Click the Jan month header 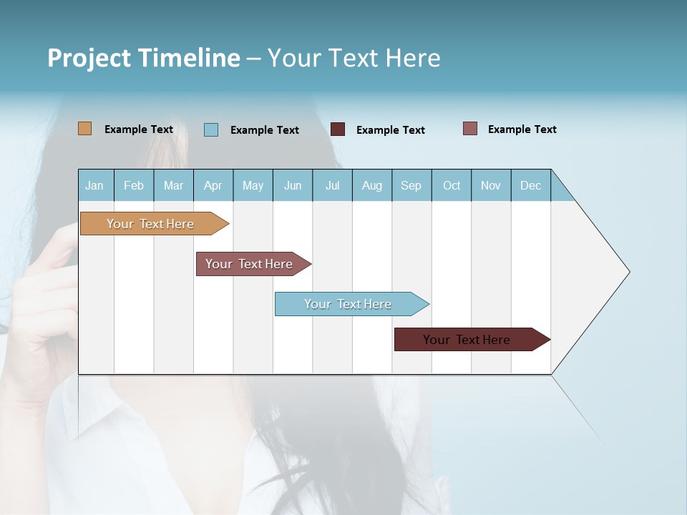click(x=94, y=185)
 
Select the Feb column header click(x=134, y=185)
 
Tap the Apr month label click(x=213, y=185)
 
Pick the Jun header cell click(x=293, y=185)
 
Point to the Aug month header click(x=371, y=185)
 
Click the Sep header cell click(x=411, y=185)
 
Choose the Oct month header click(x=452, y=185)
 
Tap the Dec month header click(x=530, y=185)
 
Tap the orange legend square click(x=84, y=129)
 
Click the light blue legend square click(x=211, y=129)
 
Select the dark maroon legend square click(x=338, y=129)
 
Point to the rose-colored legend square click(x=469, y=129)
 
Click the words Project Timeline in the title click(x=143, y=58)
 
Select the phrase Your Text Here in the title click(x=354, y=58)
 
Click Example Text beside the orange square click(x=139, y=129)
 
